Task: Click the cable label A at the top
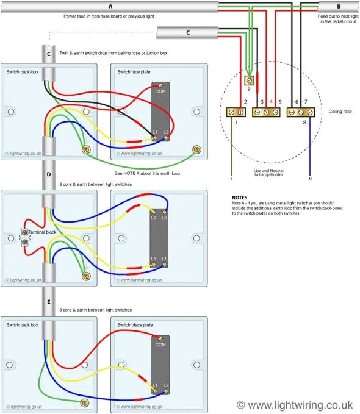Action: (x=110, y=6)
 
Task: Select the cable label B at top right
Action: (x=338, y=6)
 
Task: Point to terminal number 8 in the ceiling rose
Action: (x=304, y=123)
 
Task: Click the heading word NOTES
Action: (x=240, y=198)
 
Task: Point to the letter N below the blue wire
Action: (x=310, y=179)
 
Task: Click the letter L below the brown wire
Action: (x=232, y=179)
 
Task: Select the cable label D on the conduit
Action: (x=49, y=174)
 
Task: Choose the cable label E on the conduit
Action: (x=49, y=302)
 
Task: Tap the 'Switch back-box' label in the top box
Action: (x=24, y=72)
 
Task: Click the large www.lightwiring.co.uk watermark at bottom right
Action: (x=295, y=404)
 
